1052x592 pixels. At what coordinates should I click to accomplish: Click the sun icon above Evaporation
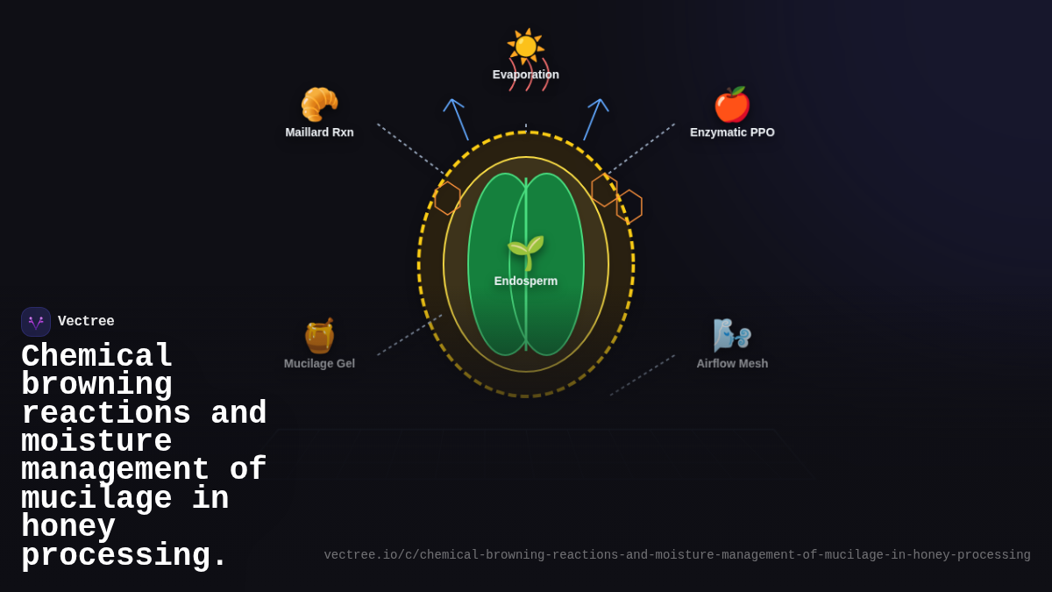point(525,46)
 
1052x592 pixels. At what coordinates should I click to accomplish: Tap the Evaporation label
point(525,75)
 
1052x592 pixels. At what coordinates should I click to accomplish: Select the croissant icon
point(319,104)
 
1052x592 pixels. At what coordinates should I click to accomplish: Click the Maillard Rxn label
point(319,132)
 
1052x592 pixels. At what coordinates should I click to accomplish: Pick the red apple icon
point(732,104)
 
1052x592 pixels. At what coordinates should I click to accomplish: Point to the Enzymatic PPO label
point(732,132)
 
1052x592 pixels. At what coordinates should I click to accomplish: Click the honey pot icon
point(319,335)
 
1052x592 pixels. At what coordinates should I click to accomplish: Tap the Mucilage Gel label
point(319,364)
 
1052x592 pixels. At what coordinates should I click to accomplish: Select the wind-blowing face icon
point(732,335)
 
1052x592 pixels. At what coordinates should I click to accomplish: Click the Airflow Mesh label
point(732,364)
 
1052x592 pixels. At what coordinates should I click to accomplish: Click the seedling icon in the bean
point(526,253)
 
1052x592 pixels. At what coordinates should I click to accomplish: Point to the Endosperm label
point(526,281)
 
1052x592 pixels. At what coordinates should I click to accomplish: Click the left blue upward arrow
point(457,119)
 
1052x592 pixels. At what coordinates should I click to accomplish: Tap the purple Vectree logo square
point(36,322)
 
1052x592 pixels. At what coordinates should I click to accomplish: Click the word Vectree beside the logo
point(86,321)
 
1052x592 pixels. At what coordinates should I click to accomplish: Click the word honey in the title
point(68,525)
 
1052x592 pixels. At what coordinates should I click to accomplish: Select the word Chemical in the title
point(96,355)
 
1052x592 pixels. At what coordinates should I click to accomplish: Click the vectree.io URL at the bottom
point(677,555)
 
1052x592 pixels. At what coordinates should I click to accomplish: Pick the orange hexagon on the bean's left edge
point(448,198)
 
